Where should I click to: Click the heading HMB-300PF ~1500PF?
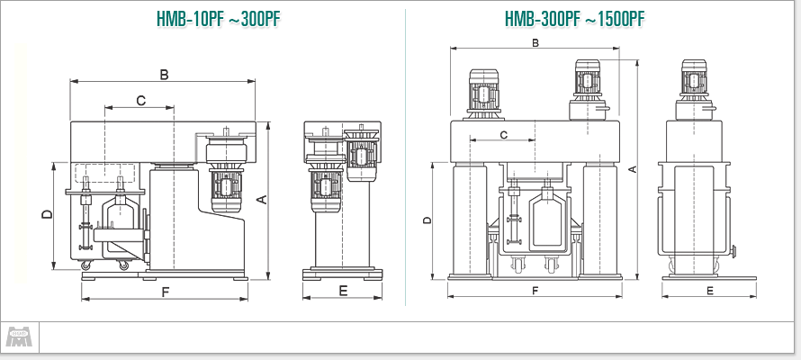click(x=575, y=19)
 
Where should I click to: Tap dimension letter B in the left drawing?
click(x=164, y=75)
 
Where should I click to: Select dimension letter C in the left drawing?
click(x=140, y=101)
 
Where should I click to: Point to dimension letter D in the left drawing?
click(x=46, y=214)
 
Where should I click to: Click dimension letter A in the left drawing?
click(x=261, y=200)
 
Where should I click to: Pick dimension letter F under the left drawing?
click(x=165, y=292)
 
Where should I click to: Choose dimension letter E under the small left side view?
click(x=343, y=291)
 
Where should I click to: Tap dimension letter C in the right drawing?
click(x=503, y=134)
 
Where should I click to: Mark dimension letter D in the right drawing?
click(x=427, y=220)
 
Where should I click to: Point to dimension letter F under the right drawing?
click(x=535, y=291)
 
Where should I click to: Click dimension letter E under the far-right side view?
click(x=710, y=291)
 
